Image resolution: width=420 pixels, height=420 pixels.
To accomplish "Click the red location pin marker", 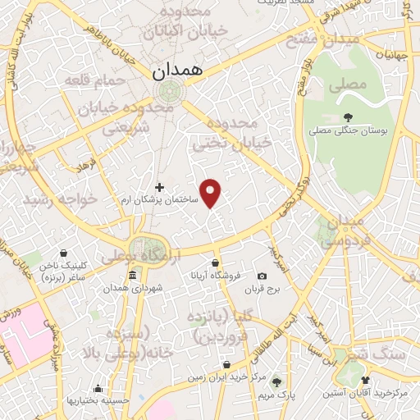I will (x=212, y=193).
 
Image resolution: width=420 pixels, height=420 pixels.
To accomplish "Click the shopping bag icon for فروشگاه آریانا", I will (x=215, y=263).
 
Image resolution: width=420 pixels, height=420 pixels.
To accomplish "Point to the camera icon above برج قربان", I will (x=262, y=276).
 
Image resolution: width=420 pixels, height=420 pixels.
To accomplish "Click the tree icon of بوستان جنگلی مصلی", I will (x=349, y=116).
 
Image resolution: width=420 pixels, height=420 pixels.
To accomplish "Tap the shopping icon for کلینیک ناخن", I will (x=64, y=253).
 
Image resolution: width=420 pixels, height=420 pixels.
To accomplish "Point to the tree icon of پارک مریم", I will (x=276, y=381).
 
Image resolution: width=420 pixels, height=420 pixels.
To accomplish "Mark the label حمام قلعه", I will (x=103, y=80).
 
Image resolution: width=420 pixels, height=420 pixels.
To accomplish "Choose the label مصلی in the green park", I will (x=345, y=84).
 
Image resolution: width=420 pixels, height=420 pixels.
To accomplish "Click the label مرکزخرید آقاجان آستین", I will (x=374, y=394).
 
